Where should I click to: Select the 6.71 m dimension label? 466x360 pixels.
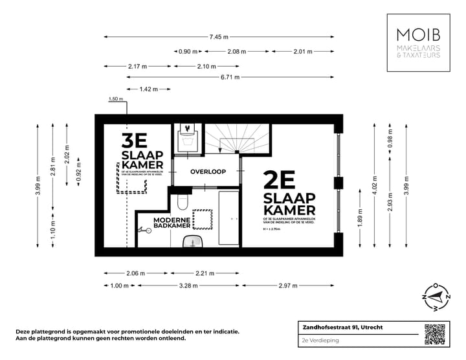[x=230, y=77]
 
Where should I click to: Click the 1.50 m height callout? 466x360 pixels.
[x=116, y=99]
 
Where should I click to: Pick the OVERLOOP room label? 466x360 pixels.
[x=208, y=172]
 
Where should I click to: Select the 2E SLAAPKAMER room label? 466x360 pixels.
[x=289, y=194]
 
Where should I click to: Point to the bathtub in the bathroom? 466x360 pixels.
[x=229, y=218]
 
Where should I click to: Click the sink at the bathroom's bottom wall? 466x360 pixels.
[x=192, y=242]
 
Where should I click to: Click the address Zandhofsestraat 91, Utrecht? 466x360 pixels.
[x=342, y=328]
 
